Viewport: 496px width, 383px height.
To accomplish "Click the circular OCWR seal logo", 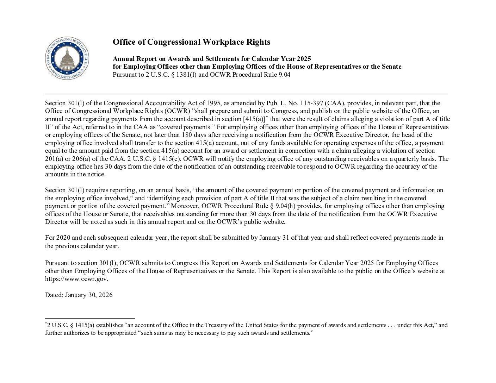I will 67,58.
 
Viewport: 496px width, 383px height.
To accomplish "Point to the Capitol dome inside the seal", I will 67,56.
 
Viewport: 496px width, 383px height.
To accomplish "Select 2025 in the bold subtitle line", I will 304,58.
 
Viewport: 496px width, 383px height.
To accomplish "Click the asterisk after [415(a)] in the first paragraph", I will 267,117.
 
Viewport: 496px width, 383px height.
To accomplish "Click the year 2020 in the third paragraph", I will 63,238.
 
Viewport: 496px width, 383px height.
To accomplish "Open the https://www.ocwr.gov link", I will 76,279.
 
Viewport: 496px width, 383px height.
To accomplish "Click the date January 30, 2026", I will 89,295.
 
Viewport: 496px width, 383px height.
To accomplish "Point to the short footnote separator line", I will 90,319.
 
